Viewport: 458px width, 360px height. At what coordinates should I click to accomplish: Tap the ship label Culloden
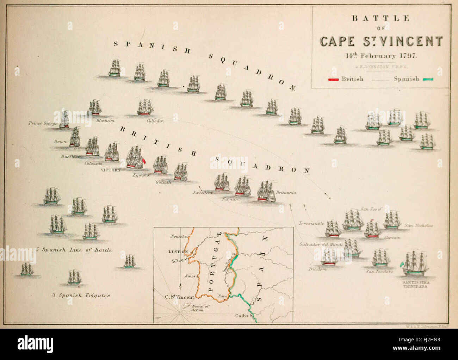(155, 120)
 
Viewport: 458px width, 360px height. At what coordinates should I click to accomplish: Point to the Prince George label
(43, 124)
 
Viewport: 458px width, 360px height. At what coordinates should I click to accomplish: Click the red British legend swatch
(333, 79)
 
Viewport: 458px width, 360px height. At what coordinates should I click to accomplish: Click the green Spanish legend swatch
(427, 79)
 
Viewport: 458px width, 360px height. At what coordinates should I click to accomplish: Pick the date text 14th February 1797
(381, 56)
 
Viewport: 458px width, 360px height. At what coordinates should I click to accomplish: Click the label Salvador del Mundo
(319, 244)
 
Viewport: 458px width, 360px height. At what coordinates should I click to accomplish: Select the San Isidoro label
(379, 272)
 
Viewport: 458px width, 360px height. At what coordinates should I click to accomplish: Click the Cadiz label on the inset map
(242, 316)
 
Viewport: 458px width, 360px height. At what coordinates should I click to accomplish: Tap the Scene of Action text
(200, 308)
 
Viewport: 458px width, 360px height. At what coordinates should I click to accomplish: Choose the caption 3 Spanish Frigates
(81, 296)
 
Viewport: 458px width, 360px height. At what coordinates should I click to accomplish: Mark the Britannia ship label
(286, 193)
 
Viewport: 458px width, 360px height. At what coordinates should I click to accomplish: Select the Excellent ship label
(203, 193)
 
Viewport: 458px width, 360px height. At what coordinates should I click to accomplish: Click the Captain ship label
(392, 238)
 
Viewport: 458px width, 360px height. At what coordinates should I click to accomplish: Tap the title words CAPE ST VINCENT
(381, 42)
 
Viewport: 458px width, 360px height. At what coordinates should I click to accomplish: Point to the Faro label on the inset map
(222, 297)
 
